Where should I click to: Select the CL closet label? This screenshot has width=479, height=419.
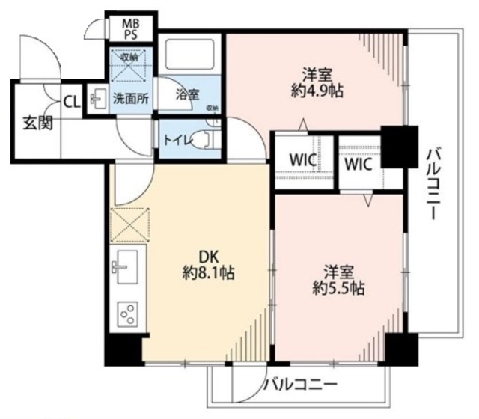click(x=72, y=100)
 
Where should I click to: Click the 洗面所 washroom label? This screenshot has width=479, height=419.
click(x=130, y=97)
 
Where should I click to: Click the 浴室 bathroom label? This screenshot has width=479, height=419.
click(x=187, y=95)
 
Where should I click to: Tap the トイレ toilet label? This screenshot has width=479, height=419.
click(x=174, y=140)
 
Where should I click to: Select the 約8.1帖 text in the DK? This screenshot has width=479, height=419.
click(x=208, y=273)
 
